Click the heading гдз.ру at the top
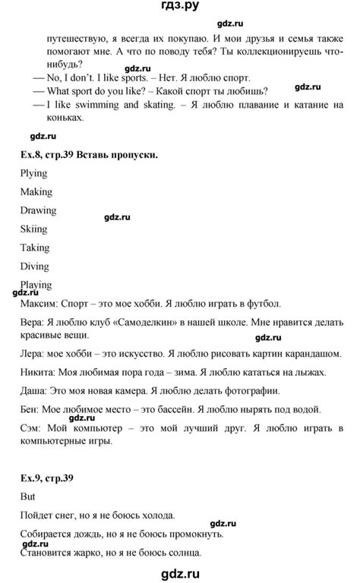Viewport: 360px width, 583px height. point(179,10)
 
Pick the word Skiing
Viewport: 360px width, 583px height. point(34,228)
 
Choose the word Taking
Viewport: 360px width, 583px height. point(35,247)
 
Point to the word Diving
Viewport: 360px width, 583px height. point(35,266)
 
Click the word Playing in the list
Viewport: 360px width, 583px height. point(36,285)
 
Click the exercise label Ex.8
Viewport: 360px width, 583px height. point(32,155)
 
